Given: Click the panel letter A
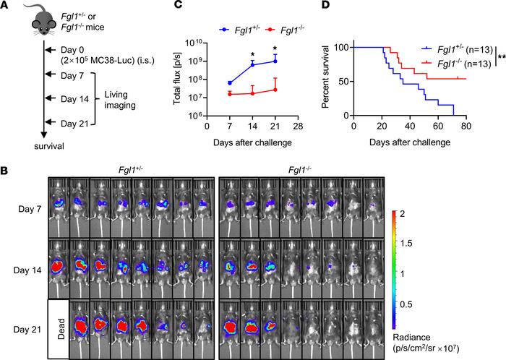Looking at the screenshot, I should pos(5,7).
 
